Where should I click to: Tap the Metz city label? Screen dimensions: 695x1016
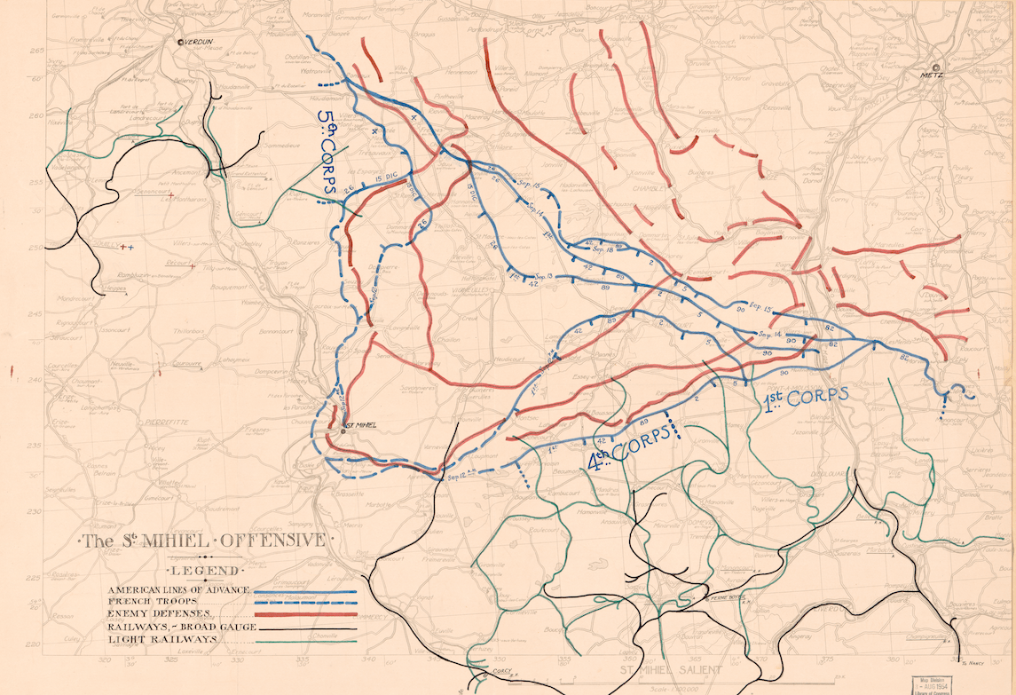[x=936, y=76]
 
